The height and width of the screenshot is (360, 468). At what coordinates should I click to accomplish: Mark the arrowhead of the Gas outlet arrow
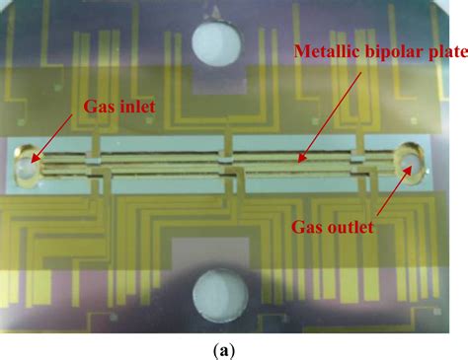[404, 171]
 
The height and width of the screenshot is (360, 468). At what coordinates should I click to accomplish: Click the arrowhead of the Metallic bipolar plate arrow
[300, 158]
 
